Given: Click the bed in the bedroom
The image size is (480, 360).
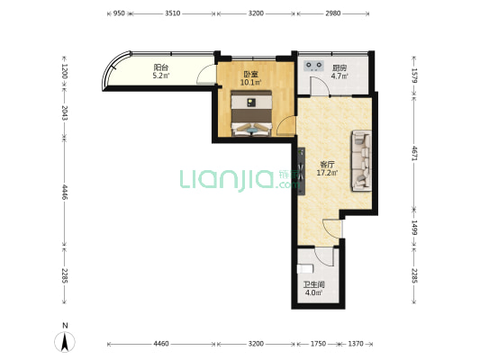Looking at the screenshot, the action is pos(251,112).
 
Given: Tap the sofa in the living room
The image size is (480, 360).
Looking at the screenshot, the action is pos(361,161).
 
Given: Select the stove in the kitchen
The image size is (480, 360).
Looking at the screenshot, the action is pos(313,66).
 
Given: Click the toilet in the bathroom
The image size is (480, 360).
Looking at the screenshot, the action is pos(305,269).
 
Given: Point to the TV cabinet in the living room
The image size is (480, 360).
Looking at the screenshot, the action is pos(302,171).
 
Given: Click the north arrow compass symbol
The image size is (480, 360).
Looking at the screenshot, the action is pos(65,338).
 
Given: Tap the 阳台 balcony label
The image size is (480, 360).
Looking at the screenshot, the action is pos(160,67).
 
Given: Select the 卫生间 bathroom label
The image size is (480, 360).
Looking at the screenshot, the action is pos(313,284).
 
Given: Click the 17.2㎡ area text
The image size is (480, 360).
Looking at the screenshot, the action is pos(327,173).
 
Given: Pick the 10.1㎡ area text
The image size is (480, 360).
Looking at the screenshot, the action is pos(251,82).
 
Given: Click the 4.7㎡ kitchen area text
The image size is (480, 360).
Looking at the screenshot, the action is pos(340,76).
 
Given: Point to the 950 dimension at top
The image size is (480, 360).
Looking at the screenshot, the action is pos(119,13).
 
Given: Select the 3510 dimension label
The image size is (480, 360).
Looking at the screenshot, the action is pos(173,13).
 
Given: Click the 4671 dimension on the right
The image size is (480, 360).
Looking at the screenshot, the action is pos(414,153).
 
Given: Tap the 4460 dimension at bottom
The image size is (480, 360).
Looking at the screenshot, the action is pos(161,344).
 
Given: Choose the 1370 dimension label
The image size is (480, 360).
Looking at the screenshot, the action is pos(356,344).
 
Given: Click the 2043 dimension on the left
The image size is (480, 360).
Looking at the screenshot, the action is pos(65,113).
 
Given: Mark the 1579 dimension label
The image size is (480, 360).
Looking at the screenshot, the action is pos(414,76).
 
